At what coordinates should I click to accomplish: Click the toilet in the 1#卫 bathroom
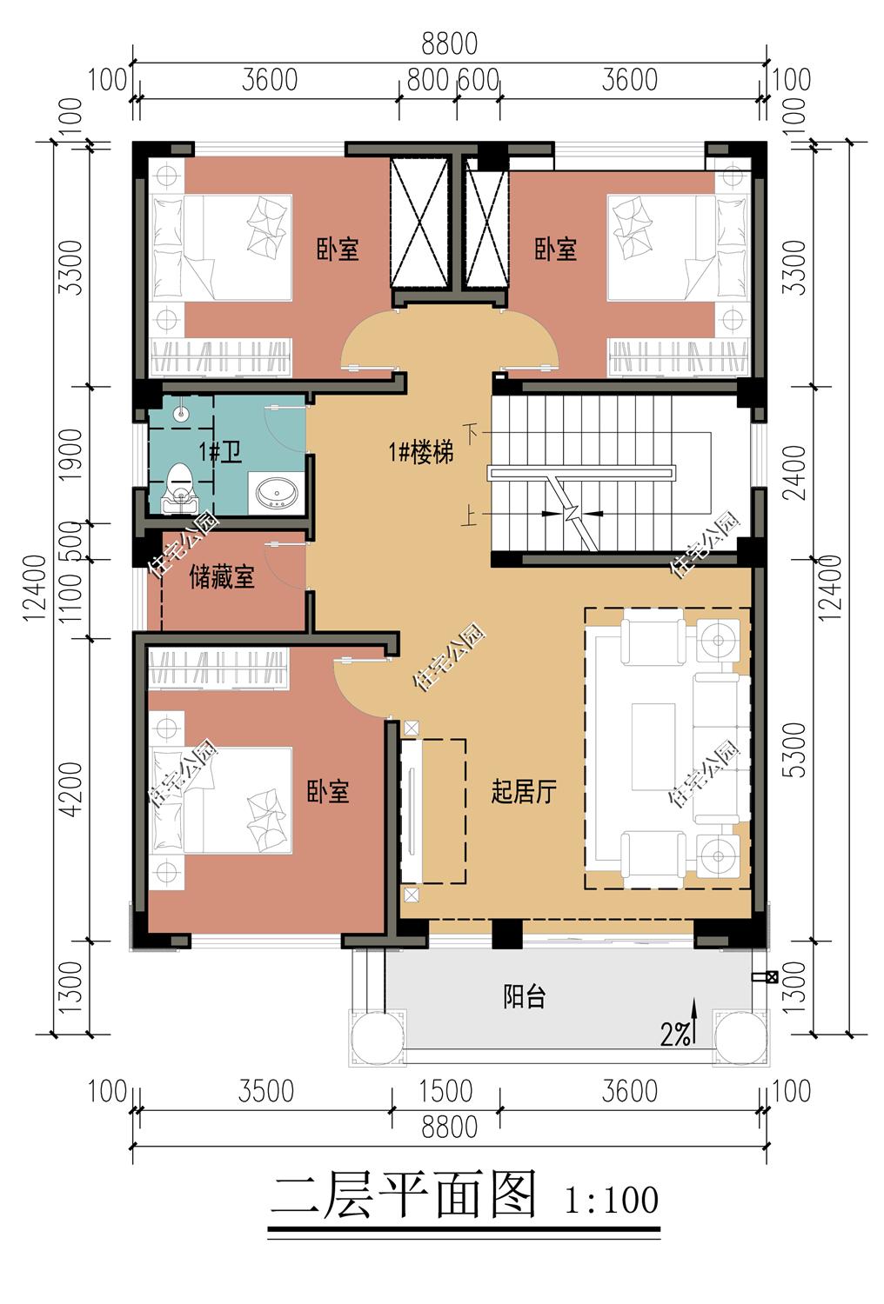point(179,488)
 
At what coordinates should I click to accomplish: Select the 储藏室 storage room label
point(222,577)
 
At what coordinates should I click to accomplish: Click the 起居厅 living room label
point(523,791)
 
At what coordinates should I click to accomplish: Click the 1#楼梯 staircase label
point(421,451)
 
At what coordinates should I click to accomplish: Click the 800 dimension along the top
point(428,80)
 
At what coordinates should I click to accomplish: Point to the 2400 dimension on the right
point(795,473)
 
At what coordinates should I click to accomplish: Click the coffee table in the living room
point(653,747)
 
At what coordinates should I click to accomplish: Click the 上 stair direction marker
point(469,516)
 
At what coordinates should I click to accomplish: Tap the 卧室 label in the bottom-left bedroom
point(328,791)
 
